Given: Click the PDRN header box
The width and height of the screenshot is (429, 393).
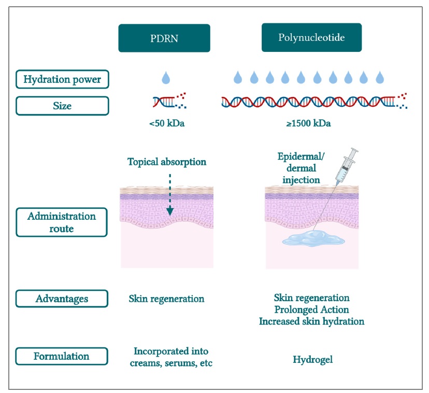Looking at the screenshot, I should [x=164, y=38].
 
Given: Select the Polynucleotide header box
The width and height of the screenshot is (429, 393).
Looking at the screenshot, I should [x=311, y=38].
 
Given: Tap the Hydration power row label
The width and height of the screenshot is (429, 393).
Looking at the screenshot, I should [x=62, y=80].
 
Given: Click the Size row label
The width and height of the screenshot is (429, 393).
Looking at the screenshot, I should [x=62, y=106].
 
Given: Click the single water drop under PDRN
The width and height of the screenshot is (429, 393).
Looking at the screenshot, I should [x=166, y=78].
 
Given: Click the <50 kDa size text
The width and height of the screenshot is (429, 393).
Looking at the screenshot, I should [x=166, y=124].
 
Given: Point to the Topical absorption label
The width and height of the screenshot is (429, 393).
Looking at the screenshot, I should [x=167, y=162].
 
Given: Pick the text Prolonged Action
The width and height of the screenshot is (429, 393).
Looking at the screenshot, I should [x=311, y=310].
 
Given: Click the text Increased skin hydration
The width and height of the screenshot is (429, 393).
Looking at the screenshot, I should [x=311, y=321].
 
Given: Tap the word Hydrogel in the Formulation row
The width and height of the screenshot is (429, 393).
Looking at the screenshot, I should [x=312, y=359].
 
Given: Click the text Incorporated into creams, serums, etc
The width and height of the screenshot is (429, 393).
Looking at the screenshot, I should [x=171, y=357].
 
